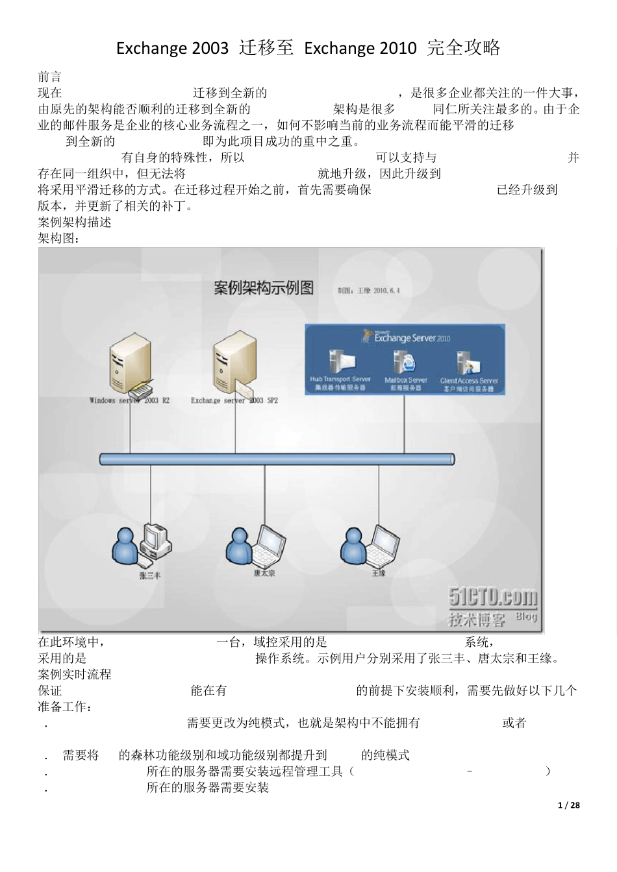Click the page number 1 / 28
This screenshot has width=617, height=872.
click(569, 805)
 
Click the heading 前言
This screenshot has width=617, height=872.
click(50, 77)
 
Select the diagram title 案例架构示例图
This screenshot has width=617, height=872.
click(264, 287)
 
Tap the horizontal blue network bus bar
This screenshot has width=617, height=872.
click(277, 459)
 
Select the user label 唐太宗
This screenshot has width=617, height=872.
click(264, 573)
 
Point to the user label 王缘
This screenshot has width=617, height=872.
click(379, 573)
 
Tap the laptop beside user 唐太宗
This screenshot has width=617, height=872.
click(268, 544)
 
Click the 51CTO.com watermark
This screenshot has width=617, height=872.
click(493, 596)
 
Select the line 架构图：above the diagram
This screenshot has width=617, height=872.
click(59, 238)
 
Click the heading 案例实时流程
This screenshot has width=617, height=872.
click(75, 674)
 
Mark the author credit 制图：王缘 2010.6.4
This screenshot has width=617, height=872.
click(368, 290)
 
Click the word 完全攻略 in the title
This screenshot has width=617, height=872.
click(464, 48)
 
